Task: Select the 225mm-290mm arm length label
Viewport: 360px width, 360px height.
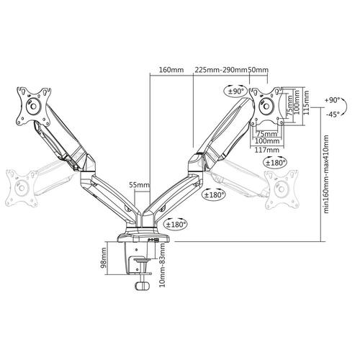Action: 220,70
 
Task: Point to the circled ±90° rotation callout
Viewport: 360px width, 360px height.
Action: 236,92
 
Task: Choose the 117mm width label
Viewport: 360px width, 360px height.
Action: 267,150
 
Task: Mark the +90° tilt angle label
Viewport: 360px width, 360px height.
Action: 332,101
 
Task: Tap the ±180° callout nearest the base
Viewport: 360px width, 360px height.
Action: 174,224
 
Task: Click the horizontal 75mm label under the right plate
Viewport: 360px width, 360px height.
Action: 267,133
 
